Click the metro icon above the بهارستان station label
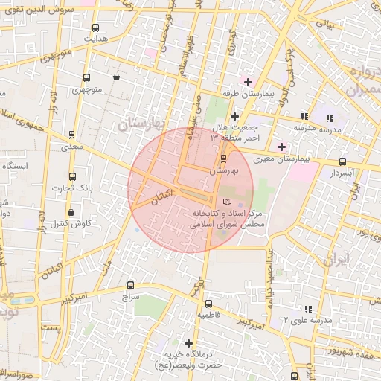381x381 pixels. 224,159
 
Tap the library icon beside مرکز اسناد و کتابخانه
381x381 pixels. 227,202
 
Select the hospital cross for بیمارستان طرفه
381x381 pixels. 248,82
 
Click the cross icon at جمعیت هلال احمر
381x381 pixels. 234,116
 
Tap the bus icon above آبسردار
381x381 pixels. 342,161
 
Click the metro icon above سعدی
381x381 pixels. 71,135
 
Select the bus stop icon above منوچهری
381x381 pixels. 86,78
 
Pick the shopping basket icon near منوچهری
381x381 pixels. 116,77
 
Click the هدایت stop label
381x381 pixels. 95,37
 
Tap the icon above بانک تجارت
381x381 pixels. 71,176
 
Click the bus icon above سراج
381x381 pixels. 131,284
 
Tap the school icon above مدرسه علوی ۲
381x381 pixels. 307,308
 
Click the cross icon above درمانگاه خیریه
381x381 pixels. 189,344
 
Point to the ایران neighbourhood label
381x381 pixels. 336,260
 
